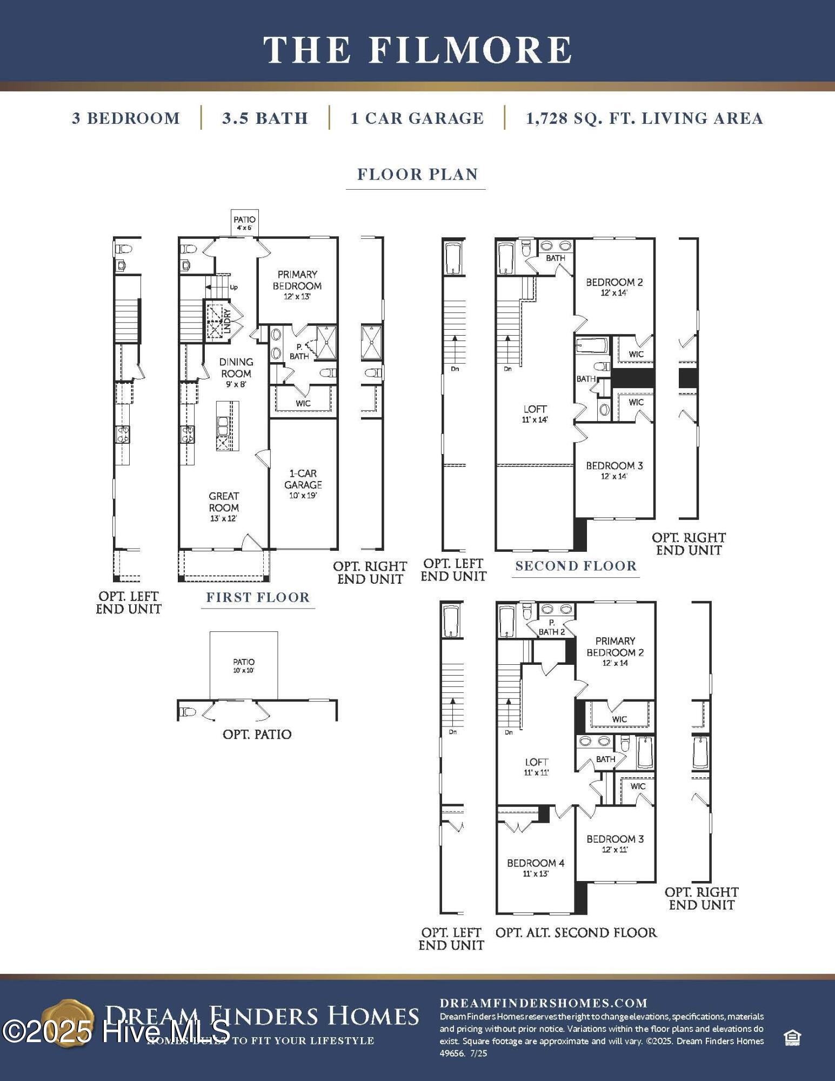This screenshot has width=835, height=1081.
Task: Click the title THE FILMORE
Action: click(x=417, y=50)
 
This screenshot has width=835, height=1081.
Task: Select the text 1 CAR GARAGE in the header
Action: click(x=417, y=118)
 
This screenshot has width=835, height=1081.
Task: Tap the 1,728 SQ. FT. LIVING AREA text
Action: click(x=644, y=118)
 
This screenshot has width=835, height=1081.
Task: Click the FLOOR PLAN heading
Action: click(x=417, y=175)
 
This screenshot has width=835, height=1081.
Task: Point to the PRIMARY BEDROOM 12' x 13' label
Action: click(x=297, y=285)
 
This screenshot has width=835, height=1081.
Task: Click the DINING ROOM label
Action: click(x=236, y=368)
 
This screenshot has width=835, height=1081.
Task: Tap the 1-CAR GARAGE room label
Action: click(x=303, y=484)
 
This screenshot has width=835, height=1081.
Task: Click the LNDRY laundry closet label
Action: click(x=227, y=321)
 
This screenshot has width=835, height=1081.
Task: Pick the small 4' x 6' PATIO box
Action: click(x=244, y=223)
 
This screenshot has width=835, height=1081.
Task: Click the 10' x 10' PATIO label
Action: click(x=244, y=665)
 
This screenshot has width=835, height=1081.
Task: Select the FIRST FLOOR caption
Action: click(x=258, y=597)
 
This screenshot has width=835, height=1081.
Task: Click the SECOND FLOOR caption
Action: click(x=576, y=566)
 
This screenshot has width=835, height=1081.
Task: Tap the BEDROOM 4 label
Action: click(x=535, y=867)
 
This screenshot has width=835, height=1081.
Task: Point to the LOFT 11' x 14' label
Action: click(x=535, y=413)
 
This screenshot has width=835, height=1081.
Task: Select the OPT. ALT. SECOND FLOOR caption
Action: click(x=576, y=932)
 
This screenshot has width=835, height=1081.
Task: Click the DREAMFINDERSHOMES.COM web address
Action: click(x=544, y=1003)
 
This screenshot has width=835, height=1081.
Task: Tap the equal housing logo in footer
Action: click(x=792, y=1038)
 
